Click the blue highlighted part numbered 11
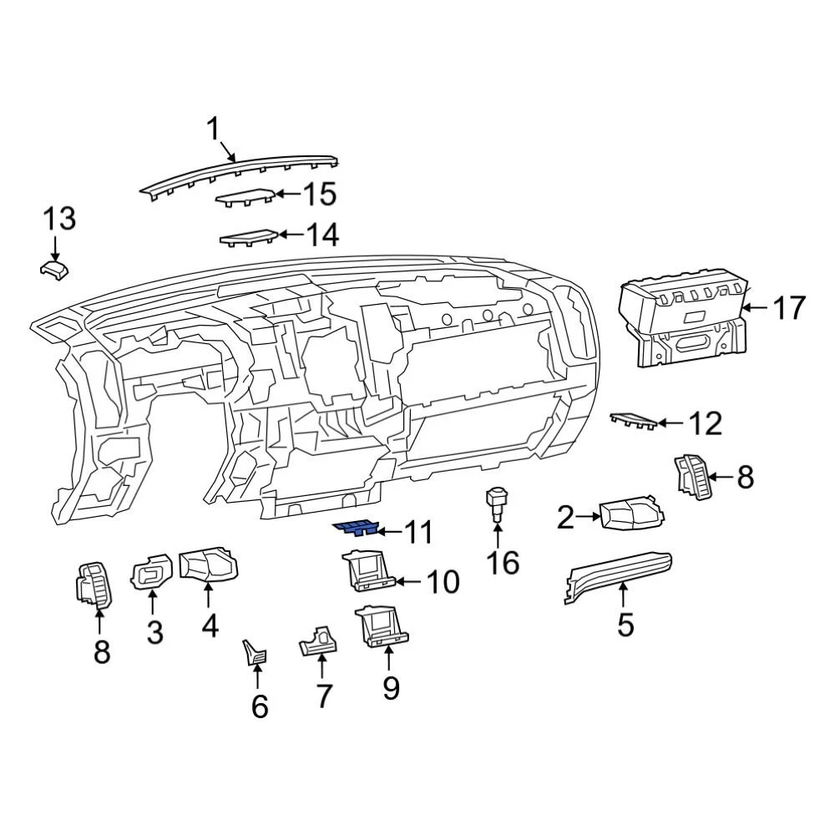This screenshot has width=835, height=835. [x=356, y=529]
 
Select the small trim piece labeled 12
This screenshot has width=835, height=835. [x=632, y=420]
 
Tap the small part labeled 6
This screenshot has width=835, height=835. [x=253, y=650]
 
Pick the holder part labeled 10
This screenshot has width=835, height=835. [x=367, y=570]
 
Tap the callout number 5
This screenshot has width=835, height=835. [x=625, y=623]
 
